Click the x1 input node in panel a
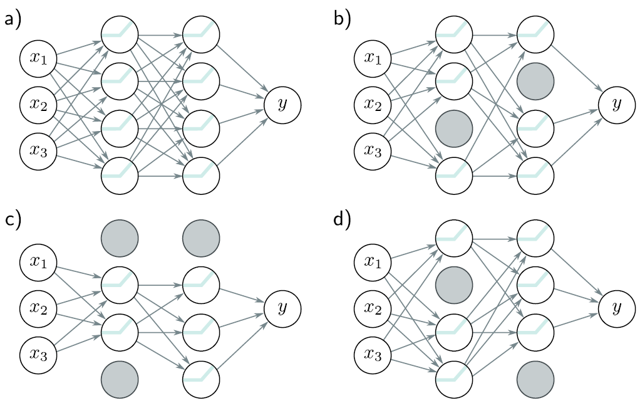tap(38, 58)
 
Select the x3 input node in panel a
tap(38, 150)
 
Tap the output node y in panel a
tap(282, 104)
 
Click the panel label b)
tap(342, 19)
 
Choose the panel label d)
tap(342, 221)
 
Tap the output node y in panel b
tap(617, 104)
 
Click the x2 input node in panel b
tap(373, 104)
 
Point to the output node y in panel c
tap(282, 307)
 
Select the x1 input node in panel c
tap(38, 261)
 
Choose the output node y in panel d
tap(617, 307)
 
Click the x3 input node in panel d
tap(373, 353)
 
